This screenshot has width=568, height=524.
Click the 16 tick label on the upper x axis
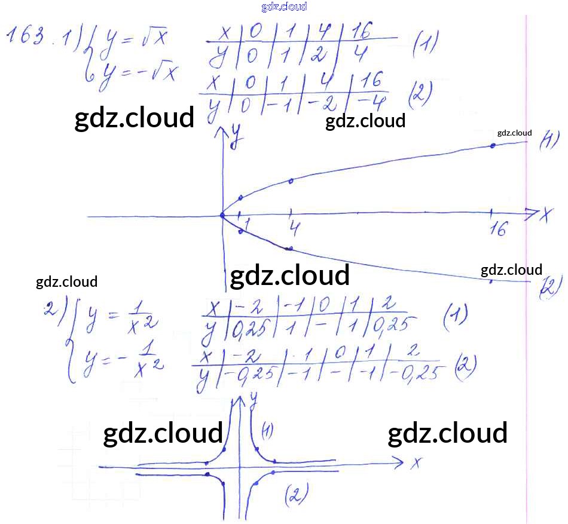497,229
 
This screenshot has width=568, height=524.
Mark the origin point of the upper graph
222,215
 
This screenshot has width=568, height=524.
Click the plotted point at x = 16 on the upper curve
492,145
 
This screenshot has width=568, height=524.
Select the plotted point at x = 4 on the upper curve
291,180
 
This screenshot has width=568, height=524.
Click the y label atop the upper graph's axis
238,133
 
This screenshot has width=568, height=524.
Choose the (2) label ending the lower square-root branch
548,288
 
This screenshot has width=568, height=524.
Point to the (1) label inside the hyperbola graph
267,430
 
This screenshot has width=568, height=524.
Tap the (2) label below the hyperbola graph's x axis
296,494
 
